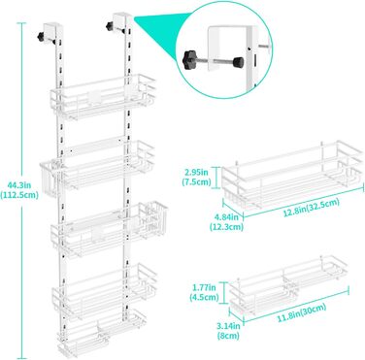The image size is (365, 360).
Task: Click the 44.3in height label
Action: click(x=19, y=185)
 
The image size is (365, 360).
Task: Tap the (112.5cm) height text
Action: click(x=19, y=195)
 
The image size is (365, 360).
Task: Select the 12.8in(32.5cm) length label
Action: click(x=312, y=208)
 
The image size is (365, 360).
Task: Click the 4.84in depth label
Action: click(x=226, y=217)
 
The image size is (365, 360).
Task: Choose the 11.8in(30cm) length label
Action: click(x=301, y=313)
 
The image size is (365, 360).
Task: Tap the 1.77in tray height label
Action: click(x=205, y=286)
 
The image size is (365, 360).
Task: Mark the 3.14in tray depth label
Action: click(x=228, y=326)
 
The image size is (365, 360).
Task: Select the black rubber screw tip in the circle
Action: click(x=239, y=61)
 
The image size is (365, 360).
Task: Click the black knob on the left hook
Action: click(x=41, y=36)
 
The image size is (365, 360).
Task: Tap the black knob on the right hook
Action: click(x=109, y=26)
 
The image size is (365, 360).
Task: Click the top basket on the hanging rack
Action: click(x=103, y=96)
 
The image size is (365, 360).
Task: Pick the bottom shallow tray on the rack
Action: click(x=101, y=334)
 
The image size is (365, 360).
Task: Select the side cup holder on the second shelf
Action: click(x=51, y=178)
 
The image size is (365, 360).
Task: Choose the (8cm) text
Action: click(x=228, y=336)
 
